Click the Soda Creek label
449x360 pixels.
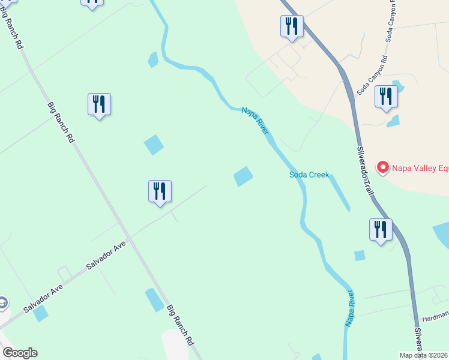[309, 175]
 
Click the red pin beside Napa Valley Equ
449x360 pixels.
[382, 167]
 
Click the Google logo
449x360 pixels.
[20, 353]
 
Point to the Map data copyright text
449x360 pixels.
[424, 355]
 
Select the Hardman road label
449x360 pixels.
[435, 316]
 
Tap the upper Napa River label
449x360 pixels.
[255, 120]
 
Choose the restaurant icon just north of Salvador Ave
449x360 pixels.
[160, 191]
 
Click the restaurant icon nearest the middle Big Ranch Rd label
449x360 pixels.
[99, 105]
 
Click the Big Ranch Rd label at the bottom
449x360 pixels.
[180, 325]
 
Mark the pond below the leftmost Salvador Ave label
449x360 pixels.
[41, 313]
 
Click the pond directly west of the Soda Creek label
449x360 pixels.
[243, 176]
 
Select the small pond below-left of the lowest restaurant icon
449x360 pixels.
[360, 256]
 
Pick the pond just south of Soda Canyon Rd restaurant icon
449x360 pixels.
[393, 121]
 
